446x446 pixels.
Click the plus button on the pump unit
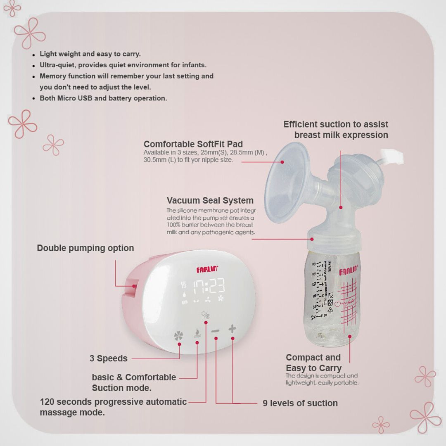[232, 329]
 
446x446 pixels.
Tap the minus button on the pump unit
[216, 330]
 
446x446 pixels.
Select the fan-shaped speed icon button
[179, 336]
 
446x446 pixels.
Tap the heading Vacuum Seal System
[210, 201]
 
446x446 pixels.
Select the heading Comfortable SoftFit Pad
[193, 144]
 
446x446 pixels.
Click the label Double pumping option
[85, 248]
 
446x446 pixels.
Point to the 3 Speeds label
[109, 358]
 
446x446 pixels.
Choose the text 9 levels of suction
[300, 403]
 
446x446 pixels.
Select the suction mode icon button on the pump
[197, 334]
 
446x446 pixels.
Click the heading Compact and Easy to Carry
[313, 363]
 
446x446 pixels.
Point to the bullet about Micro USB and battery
[103, 98]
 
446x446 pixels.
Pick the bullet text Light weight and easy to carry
[90, 54]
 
